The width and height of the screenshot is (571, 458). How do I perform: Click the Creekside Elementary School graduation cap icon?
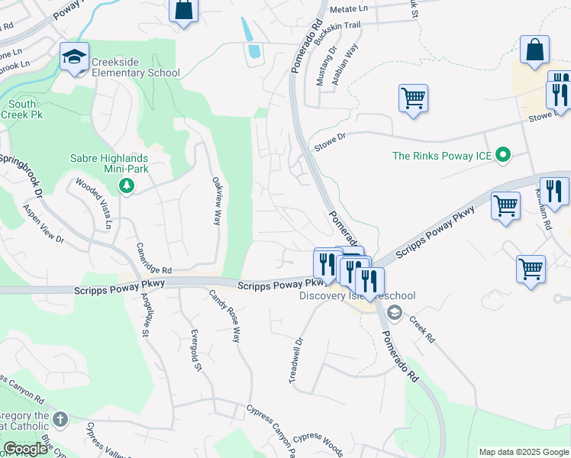(x=75, y=56)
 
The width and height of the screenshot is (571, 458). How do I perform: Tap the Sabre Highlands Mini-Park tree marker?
(x=127, y=185)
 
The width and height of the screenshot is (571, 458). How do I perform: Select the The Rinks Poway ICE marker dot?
(x=502, y=156)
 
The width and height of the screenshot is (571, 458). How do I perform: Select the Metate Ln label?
(x=349, y=10)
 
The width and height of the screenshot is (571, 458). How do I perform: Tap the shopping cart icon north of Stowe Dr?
(x=413, y=97)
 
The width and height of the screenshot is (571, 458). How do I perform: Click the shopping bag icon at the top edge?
(x=183, y=10)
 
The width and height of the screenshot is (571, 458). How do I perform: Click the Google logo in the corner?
(x=25, y=449)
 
